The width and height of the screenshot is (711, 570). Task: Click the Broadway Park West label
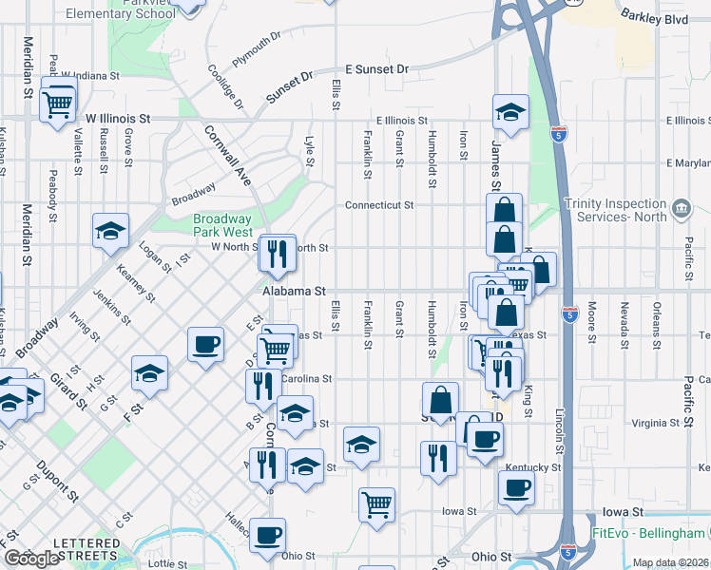click(223, 224)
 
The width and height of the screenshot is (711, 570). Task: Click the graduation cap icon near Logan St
click(110, 232)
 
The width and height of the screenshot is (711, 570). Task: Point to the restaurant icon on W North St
click(278, 252)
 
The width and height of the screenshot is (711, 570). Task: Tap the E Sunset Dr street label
click(375, 69)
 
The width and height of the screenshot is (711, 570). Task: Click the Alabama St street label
click(296, 291)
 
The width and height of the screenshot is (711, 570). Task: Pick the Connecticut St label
click(378, 204)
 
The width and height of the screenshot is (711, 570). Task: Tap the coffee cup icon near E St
click(205, 344)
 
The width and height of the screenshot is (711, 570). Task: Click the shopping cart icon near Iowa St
click(377, 503)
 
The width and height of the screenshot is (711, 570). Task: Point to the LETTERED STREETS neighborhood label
click(86, 548)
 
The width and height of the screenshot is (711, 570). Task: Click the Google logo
click(31, 559)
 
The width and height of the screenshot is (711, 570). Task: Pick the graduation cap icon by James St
click(510, 113)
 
